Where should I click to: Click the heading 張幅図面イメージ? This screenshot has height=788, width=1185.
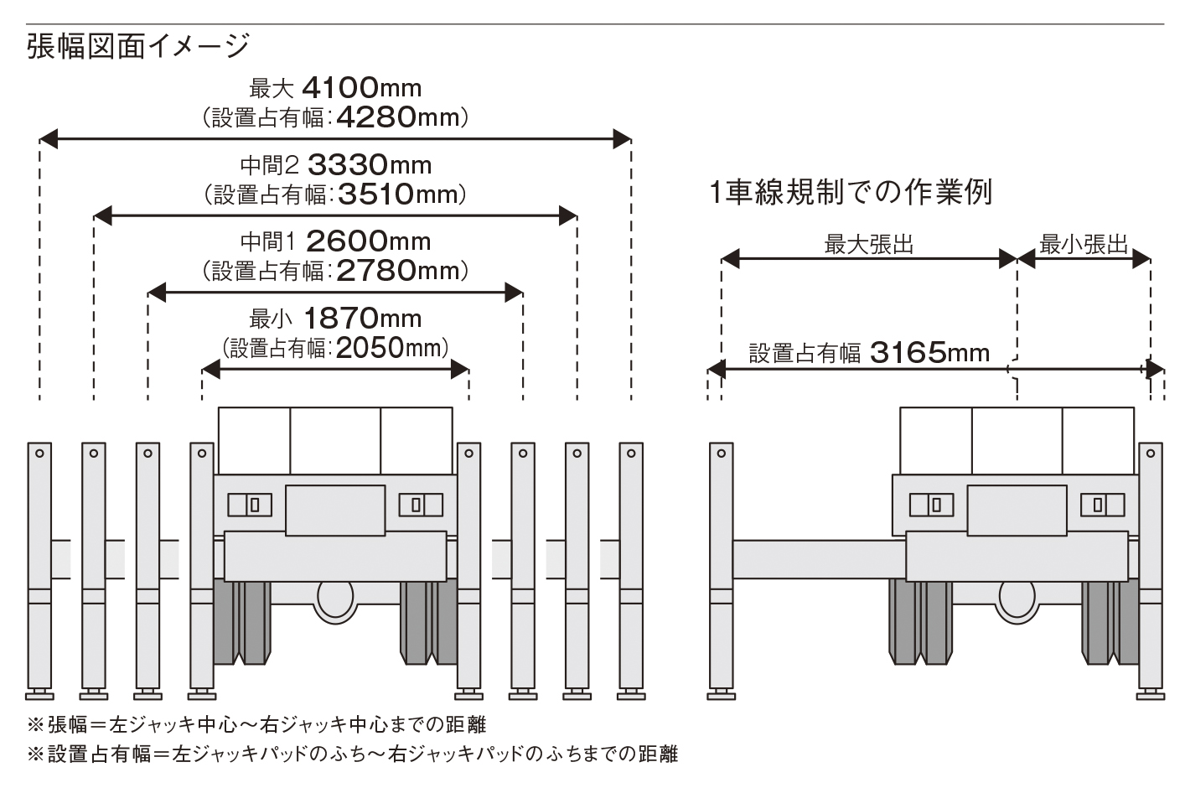[x=138, y=45]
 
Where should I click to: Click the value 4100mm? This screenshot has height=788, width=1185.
[x=360, y=87]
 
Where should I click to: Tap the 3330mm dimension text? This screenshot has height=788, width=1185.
[x=370, y=164]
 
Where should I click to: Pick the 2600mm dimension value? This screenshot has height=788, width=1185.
[x=368, y=241]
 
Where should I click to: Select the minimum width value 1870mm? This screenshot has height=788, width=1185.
[x=362, y=319]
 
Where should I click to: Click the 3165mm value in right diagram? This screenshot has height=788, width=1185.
[x=929, y=352]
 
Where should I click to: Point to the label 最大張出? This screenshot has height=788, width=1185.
[x=868, y=245]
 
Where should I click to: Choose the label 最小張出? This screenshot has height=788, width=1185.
[x=1084, y=245]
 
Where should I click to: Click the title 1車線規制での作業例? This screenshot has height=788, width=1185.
[x=850, y=192]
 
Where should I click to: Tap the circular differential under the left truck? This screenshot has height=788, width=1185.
[x=336, y=600]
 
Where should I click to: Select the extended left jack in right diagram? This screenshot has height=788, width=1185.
[x=721, y=570]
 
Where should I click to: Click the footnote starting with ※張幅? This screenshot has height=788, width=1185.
[x=256, y=724]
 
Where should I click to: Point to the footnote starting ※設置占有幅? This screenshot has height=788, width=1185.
[x=352, y=754]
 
